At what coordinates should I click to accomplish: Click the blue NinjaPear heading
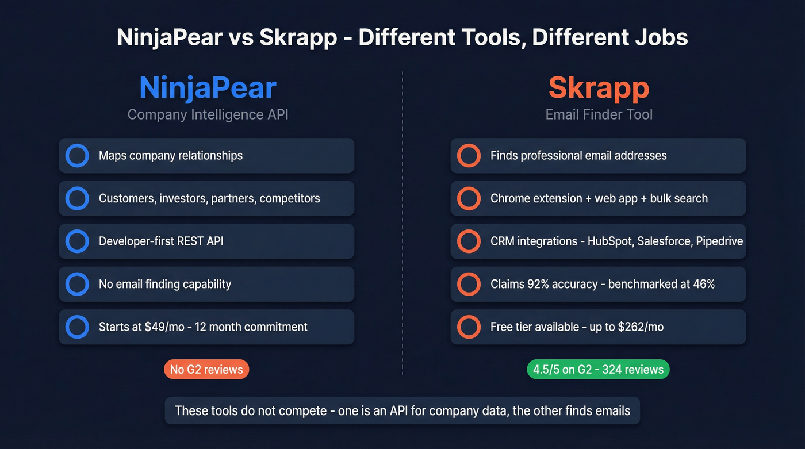pos(208,88)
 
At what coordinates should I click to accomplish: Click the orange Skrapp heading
pos(599,88)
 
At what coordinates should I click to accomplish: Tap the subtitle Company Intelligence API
pos(208,114)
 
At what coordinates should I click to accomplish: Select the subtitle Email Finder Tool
pos(599,114)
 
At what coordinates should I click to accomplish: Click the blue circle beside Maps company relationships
pos(77,156)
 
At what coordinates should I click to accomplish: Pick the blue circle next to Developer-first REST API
pos(77,241)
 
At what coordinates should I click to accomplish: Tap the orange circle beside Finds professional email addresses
pos(469,156)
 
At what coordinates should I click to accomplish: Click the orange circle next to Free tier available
pos(469,327)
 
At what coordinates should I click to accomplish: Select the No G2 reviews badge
pos(206,369)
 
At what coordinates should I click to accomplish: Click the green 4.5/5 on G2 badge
pos(598,369)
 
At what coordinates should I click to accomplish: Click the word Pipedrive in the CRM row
pos(719,241)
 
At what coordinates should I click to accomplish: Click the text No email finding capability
pos(165,284)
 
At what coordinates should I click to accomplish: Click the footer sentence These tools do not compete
pos(402,410)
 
